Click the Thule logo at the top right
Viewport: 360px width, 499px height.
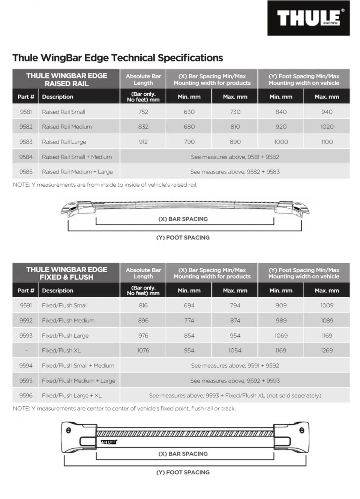tap(308, 18)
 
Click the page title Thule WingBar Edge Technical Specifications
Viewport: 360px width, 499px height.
tap(117, 58)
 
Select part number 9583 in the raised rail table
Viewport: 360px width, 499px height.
tap(26, 142)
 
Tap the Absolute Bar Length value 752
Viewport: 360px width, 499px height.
tap(143, 112)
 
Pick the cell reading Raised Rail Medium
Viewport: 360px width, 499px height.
tap(67, 127)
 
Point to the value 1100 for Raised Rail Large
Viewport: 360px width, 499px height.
tap(327, 142)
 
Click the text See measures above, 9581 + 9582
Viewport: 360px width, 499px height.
tap(235, 157)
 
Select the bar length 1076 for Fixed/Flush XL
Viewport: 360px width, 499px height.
tap(143, 351)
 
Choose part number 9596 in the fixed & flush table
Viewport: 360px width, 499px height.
tap(26, 396)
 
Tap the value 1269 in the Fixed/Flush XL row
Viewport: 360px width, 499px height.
tap(327, 351)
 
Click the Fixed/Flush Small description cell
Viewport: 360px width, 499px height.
tap(64, 306)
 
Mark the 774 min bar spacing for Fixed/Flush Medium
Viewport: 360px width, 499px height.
tap(189, 321)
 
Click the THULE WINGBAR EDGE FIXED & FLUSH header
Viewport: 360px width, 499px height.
tap(66, 273)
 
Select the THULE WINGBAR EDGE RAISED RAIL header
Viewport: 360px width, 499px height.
tap(66, 79)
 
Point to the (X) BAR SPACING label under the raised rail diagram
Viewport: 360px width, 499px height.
tap(183, 219)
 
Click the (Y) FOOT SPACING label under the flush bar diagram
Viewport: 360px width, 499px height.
tap(183, 472)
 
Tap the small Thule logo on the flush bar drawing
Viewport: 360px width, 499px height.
tap(109, 442)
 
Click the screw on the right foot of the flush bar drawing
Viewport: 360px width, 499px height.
tap(301, 430)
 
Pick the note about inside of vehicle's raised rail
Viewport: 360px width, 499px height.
tap(105, 184)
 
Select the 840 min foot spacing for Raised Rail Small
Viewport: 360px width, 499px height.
tap(281, 112)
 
